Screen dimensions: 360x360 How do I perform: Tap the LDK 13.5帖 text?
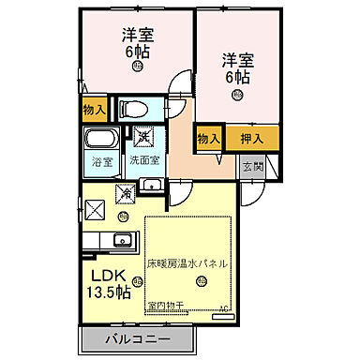click(110, 283)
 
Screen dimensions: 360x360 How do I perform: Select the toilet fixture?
click(135, 107)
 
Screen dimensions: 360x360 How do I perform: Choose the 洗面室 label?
click(145, 160)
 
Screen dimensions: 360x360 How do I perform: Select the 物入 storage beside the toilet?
click(94, 110)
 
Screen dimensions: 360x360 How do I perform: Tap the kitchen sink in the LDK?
click(123, 240)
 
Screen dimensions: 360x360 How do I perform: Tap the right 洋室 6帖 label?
click(237, 67)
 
